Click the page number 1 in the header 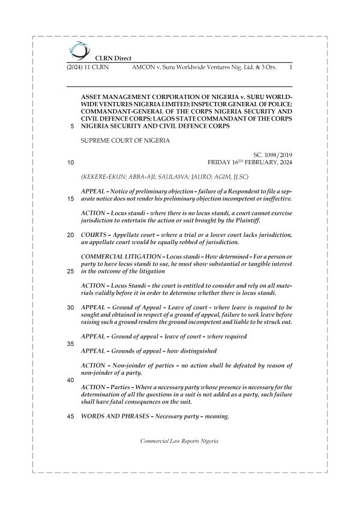[x=290, y=68]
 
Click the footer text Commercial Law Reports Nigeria [x=179, y=441]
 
